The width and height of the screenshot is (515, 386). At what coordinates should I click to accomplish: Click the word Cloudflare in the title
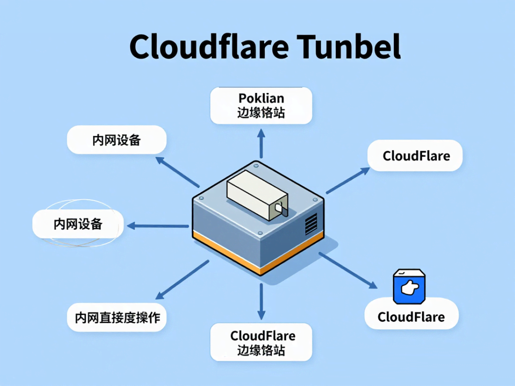coord(209,48)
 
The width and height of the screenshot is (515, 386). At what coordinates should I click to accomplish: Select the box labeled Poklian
coord(261,106)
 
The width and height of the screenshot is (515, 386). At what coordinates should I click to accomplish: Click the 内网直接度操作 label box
coord(117,317)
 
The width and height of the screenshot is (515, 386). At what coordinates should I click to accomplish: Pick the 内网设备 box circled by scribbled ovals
coord(78,224)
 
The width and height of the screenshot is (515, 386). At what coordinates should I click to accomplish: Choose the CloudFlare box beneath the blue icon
coord(411,317)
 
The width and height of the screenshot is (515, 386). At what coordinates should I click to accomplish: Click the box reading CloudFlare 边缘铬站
coord(261,343)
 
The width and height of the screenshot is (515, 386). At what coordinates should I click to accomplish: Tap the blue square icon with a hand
coord(409,287)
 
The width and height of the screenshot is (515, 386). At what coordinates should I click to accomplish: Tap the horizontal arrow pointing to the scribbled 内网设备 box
coord(157,226)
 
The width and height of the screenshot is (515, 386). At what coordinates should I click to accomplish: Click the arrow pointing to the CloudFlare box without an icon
coord(347,181)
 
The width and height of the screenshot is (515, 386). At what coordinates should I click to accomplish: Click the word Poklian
coord(261,98)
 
